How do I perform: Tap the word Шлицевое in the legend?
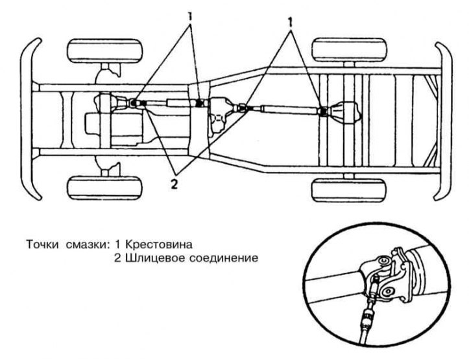(147, 258)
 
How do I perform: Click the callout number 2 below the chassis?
(173, 184)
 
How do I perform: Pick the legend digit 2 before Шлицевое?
(117, 258)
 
